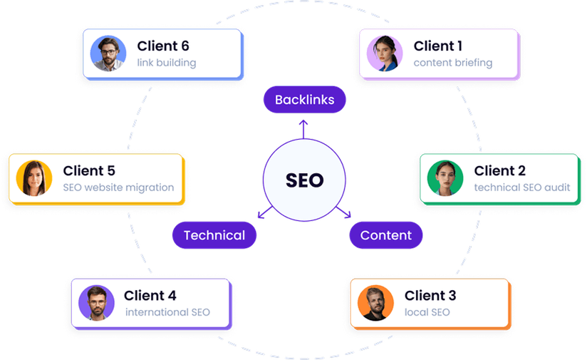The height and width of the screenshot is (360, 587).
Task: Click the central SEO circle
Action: [304, 180]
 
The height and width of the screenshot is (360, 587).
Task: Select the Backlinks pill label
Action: [304, 100]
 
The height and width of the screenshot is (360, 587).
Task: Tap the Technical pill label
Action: [214, 235]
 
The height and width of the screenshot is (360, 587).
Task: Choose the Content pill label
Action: [385, 235]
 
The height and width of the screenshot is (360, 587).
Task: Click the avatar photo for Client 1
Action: [385, 53]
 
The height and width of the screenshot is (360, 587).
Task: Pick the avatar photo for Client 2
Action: [445, 178]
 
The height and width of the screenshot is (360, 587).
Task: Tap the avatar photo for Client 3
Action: [375, 303]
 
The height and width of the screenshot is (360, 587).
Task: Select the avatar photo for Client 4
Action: [97, 303]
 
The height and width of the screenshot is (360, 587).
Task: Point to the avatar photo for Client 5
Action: [34, 178]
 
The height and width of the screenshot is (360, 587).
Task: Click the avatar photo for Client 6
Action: [108, 53]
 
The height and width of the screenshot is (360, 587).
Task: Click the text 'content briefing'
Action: [453, 63]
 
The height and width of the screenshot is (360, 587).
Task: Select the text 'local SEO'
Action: [427, 312]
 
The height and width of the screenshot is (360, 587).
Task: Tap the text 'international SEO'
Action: [167, 312]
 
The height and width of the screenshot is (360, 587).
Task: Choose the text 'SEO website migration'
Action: [118, 187]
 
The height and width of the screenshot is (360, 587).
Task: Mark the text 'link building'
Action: [167, 63]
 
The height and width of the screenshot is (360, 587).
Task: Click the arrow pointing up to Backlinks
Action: [303, 127]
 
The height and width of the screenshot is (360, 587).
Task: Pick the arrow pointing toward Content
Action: [348, 214]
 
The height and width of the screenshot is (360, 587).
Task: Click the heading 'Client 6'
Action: [163, 46]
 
